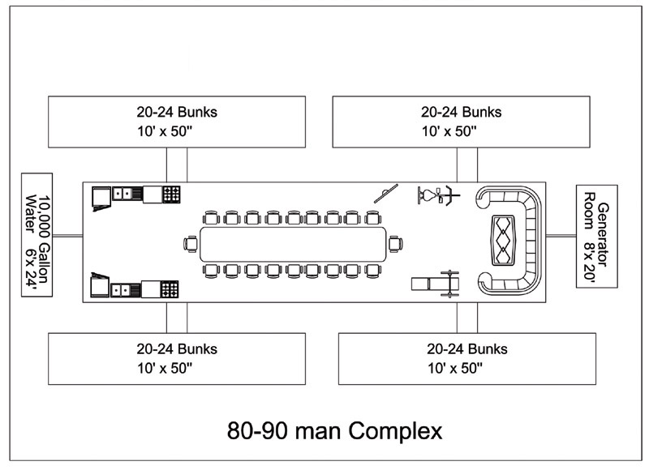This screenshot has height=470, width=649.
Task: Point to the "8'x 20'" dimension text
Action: (x=610, y=236)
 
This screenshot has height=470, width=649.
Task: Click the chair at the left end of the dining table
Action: (x=191, y=243)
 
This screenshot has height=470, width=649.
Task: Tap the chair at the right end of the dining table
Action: (x=394, y=243)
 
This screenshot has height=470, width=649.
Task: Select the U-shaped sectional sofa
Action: (x=511, y=241)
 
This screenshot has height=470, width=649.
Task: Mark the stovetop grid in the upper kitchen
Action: (x=171, y=194)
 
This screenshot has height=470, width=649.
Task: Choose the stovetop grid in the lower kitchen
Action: (x=171, y=288)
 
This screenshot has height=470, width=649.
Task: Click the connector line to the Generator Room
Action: (x=561, y=236)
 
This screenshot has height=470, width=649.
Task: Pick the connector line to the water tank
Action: (x=68, y=236)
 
